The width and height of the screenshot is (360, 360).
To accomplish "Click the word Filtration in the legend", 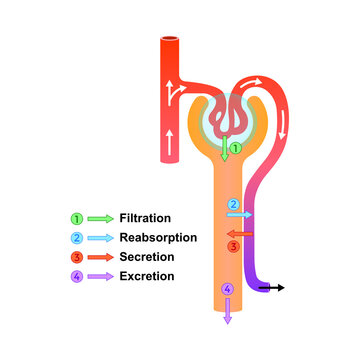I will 145,218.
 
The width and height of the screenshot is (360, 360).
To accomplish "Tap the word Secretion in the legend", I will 147,256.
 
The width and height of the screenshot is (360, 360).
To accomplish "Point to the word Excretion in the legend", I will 147,275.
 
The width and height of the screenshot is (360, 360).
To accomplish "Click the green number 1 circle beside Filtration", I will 76,218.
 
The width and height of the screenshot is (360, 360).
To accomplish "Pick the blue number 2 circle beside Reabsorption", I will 76,237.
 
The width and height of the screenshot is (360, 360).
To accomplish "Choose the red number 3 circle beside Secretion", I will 76,256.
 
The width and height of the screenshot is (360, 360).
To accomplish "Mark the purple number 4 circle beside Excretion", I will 76,275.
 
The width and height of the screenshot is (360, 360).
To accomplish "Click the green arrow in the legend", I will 99,218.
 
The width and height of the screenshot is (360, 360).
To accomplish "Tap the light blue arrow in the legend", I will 99,237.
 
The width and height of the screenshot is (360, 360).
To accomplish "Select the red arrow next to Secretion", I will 99,256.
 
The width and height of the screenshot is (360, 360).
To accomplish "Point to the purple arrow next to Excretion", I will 99,275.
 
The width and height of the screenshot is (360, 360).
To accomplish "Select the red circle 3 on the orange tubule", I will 233,245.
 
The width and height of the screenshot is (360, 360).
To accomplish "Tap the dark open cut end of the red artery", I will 168,41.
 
